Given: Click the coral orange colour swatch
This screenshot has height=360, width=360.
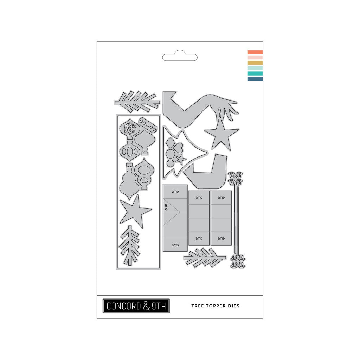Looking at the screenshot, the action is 255,52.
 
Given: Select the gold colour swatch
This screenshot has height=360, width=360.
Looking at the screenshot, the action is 255,63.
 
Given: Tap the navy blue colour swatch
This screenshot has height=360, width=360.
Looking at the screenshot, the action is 255,79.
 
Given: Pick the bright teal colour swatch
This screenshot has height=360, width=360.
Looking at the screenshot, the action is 255,73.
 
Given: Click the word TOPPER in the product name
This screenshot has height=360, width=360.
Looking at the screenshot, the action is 216,306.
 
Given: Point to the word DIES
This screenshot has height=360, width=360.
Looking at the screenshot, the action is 234,306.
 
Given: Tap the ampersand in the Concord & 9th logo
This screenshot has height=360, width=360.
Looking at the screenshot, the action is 147,306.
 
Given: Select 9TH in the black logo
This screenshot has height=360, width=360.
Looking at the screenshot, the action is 159,306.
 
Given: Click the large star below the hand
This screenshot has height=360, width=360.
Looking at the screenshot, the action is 221,135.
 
